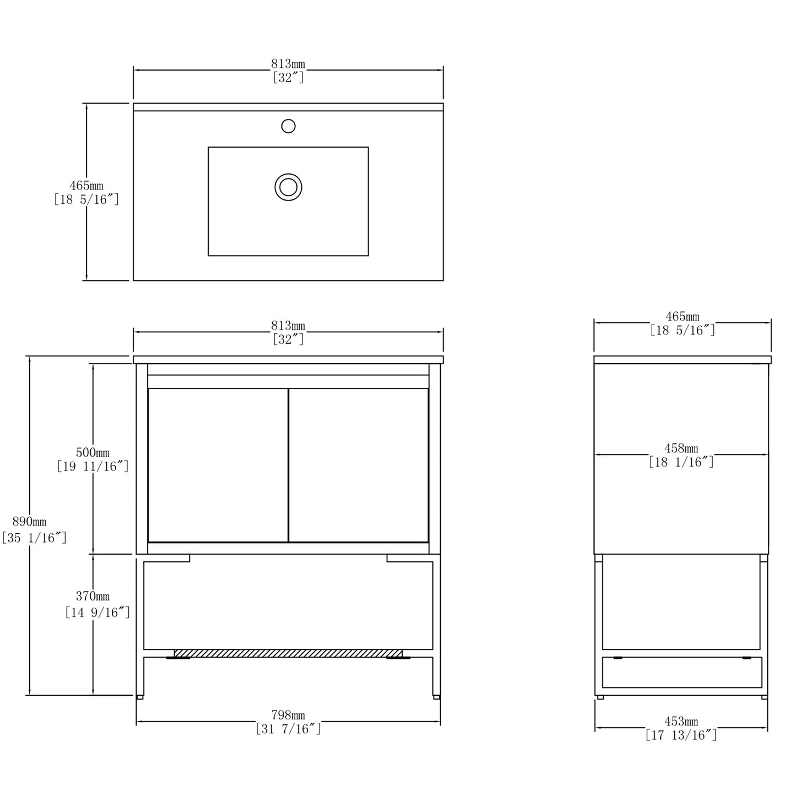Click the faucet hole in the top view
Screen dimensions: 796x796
coord(288,126)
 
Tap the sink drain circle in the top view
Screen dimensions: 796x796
coord(288,187)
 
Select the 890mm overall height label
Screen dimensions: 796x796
coord(29,522)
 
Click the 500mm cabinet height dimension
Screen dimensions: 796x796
coord(93,452)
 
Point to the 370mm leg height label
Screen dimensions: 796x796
coord(93,596)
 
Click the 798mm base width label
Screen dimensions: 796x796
coord(288,714)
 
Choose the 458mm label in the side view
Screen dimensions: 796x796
coord(681,448)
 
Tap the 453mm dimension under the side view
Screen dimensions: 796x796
coord(681,721)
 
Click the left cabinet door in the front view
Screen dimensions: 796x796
coord(218,465)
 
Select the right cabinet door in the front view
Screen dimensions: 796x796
coord(359,465)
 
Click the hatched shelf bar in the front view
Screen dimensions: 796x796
coord(288,653)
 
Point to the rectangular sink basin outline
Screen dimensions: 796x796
coord(288,201)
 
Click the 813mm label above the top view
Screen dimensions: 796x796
coord(288,64)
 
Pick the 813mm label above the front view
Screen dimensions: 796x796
coord(288,326)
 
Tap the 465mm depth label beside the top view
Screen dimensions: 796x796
coord(86,186)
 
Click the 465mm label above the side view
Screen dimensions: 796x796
coord(683,316)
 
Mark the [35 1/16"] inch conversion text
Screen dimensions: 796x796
coord(34,538)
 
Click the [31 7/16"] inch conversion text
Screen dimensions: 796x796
coord(288,728)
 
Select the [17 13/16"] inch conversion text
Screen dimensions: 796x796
coord(681,735)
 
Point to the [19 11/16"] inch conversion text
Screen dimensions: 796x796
coord(93,467)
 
